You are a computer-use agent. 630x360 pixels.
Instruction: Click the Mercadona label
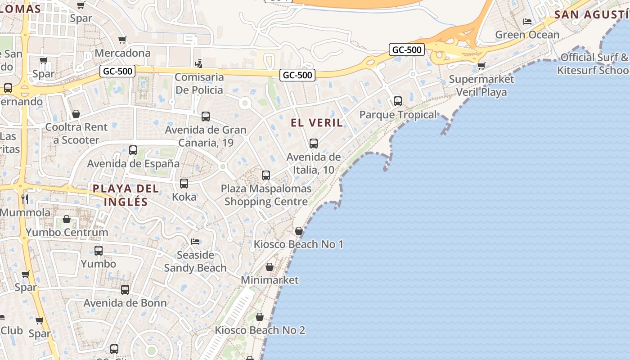pos(122,53)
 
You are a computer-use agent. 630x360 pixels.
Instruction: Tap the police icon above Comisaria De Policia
pos(198,64)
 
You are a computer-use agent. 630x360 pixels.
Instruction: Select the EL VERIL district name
pos(317,122)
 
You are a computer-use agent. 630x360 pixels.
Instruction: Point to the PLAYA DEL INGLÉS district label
pos(126,195)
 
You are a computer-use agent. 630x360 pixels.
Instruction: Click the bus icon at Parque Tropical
pos(398,101)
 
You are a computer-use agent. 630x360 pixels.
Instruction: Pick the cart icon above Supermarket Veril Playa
pos(481,66)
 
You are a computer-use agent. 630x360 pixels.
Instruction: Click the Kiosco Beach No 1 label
pos(299,244)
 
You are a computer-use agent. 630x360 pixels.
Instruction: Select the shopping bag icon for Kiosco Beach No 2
pos(259,317)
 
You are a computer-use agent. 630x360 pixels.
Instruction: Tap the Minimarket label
pos(270,280)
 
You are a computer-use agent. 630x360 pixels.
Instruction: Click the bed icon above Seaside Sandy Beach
pos(195,242)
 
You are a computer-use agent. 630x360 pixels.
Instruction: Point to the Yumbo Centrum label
pos(67,232)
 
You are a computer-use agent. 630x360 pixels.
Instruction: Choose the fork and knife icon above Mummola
pos(25,199)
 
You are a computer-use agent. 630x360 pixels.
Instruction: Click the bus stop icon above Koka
pos(184,184)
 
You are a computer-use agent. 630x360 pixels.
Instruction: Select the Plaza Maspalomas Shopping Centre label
pos(266,195)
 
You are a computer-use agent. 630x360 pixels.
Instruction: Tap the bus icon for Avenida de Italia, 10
pos(314,144)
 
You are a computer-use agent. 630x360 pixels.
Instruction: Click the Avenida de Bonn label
pos(125,303)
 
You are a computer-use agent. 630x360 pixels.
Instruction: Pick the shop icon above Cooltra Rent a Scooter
pos(76,114)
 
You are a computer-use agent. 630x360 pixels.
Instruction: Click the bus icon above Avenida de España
pos(133,150)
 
